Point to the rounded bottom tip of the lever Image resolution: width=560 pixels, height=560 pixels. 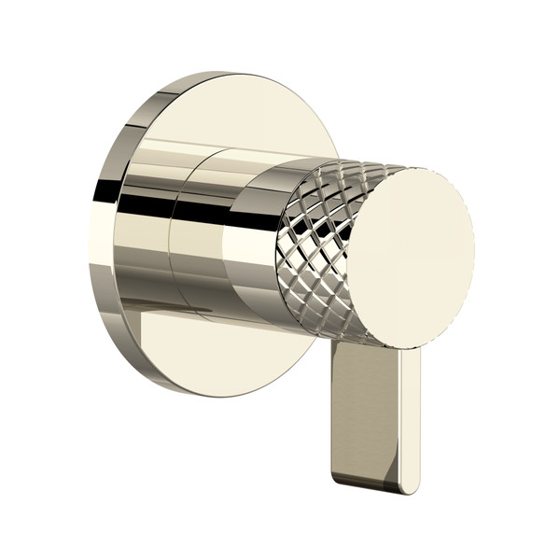click(x=373, y=486)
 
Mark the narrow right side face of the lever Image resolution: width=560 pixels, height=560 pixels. click(x=412, y=420)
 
